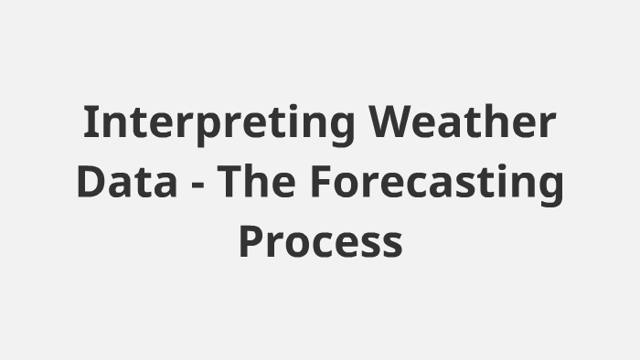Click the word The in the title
[260, 184]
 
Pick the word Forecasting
[436, 184]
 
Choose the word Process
[320, 243]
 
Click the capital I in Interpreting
[90, 123]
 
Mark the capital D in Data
[91, 184]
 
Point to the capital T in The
[232, 184]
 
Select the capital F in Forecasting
[319, 184]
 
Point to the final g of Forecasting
[551, 189]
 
